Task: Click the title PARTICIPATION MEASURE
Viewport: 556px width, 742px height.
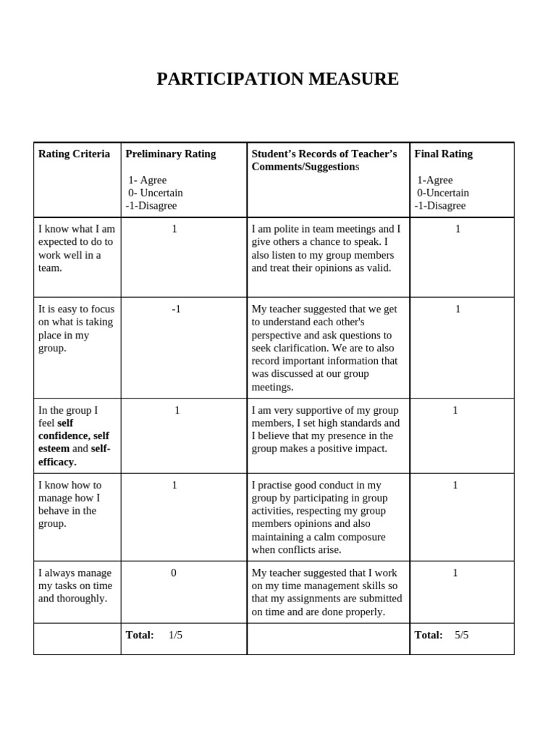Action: coord(277,79)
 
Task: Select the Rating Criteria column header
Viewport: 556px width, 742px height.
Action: coord(74,154)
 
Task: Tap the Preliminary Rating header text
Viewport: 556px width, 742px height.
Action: coord(170,154)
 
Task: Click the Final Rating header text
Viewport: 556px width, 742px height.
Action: coord(443,154)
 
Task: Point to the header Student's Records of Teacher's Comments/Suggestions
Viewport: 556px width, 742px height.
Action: coord(324,160)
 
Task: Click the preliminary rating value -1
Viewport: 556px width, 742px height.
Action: coord(176,309)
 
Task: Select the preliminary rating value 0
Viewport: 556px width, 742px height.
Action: coord(174,572)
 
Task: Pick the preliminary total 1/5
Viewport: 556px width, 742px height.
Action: coord(175,635)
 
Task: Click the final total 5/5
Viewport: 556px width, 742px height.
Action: coord(461,635)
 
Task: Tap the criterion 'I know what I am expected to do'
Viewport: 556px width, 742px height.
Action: coord(76,248)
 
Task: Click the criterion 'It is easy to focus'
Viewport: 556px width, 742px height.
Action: coord(76,328)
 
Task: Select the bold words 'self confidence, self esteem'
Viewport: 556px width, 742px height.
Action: coord(74,435)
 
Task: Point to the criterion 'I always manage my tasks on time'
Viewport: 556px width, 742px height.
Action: coord(75,585)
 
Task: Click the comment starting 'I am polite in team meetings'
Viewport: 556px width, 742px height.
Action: coord(325,248)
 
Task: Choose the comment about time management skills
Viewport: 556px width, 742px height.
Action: coord(326,592)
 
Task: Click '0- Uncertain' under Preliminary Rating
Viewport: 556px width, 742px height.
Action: coord(155,193)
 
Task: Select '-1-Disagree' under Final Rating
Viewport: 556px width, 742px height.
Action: coord(440,206)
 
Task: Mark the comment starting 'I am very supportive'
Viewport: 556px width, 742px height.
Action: coord(325,429)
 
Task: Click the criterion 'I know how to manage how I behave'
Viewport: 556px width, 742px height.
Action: coord(70,504)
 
